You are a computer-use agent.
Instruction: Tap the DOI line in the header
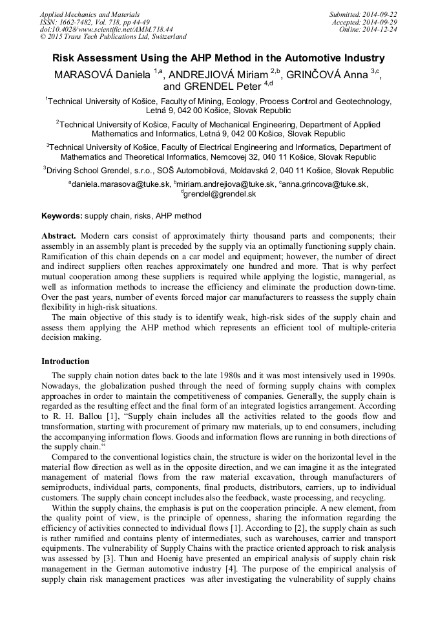click(106, 29)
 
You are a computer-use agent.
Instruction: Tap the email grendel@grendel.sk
click(220, 193)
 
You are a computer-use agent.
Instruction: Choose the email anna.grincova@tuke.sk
click(325, 184)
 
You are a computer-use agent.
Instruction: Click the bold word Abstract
click(59, 237)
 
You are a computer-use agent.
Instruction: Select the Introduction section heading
click(65, 361)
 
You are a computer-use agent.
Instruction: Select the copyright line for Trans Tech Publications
click(113, 36)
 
